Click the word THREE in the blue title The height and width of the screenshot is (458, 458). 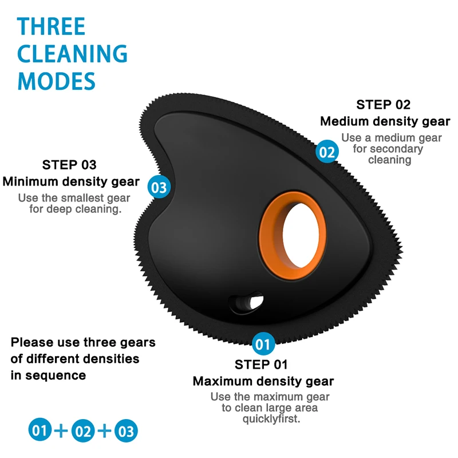click(51, 26)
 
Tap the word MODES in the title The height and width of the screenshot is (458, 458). click(57, 81)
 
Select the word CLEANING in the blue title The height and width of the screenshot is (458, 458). click(73, 54)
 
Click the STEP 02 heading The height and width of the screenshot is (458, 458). click(383, 105)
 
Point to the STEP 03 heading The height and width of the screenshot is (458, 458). click(69, 165)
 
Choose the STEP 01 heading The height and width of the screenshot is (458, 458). click(261, 365)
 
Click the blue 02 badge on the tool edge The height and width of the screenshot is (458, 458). click(327, 152)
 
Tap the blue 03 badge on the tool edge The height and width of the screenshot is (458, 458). click(159, 187)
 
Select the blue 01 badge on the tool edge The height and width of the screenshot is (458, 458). click(263, 344)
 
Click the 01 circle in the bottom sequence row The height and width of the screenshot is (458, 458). click(40, 431)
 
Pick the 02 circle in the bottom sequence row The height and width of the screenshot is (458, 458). click(83, 431)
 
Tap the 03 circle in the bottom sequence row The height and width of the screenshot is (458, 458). click(126, 431)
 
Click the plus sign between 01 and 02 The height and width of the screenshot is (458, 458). click(61, 431)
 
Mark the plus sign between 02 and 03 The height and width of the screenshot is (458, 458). click(104, 431)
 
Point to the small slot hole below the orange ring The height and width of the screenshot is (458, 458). click(246, 303)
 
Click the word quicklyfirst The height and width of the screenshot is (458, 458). click(271, 419)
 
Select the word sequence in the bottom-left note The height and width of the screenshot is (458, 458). click(56, 376)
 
